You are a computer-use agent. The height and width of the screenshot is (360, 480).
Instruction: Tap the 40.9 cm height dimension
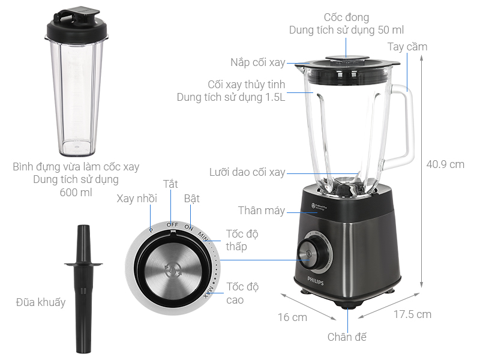[445, 164]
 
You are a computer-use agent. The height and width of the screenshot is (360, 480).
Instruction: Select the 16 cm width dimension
[292, 317]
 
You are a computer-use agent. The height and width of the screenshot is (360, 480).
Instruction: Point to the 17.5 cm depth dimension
[412, 314]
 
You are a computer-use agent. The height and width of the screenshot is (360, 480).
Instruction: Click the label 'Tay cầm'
[407, 46]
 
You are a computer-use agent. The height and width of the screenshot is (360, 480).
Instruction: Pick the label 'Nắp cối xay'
[258, 62]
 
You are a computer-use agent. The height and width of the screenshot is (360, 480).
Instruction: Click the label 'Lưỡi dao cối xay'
[247, 172]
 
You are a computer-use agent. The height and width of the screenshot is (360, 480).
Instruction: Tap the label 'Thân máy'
[261, 211]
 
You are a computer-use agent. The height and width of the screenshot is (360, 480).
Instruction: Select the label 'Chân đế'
[347, 337]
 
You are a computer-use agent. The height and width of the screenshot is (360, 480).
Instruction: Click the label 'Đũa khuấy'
[41, 302]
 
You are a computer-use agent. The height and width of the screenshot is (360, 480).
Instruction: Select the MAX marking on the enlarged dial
[208, 291]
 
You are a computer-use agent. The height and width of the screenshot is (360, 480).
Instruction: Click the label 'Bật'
[192, 199]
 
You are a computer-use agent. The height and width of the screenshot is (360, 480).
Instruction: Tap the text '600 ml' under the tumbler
[76, 193]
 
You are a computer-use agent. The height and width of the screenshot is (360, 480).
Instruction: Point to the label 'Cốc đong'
[346, 17]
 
